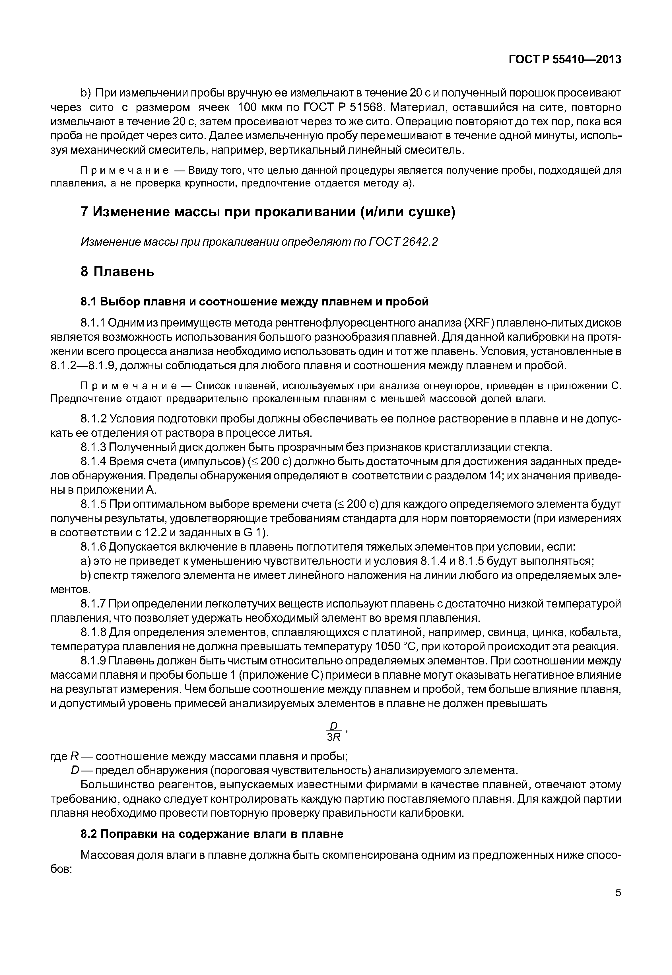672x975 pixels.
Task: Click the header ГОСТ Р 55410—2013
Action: point(565,60)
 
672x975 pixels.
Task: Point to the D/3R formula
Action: point(334,731)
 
